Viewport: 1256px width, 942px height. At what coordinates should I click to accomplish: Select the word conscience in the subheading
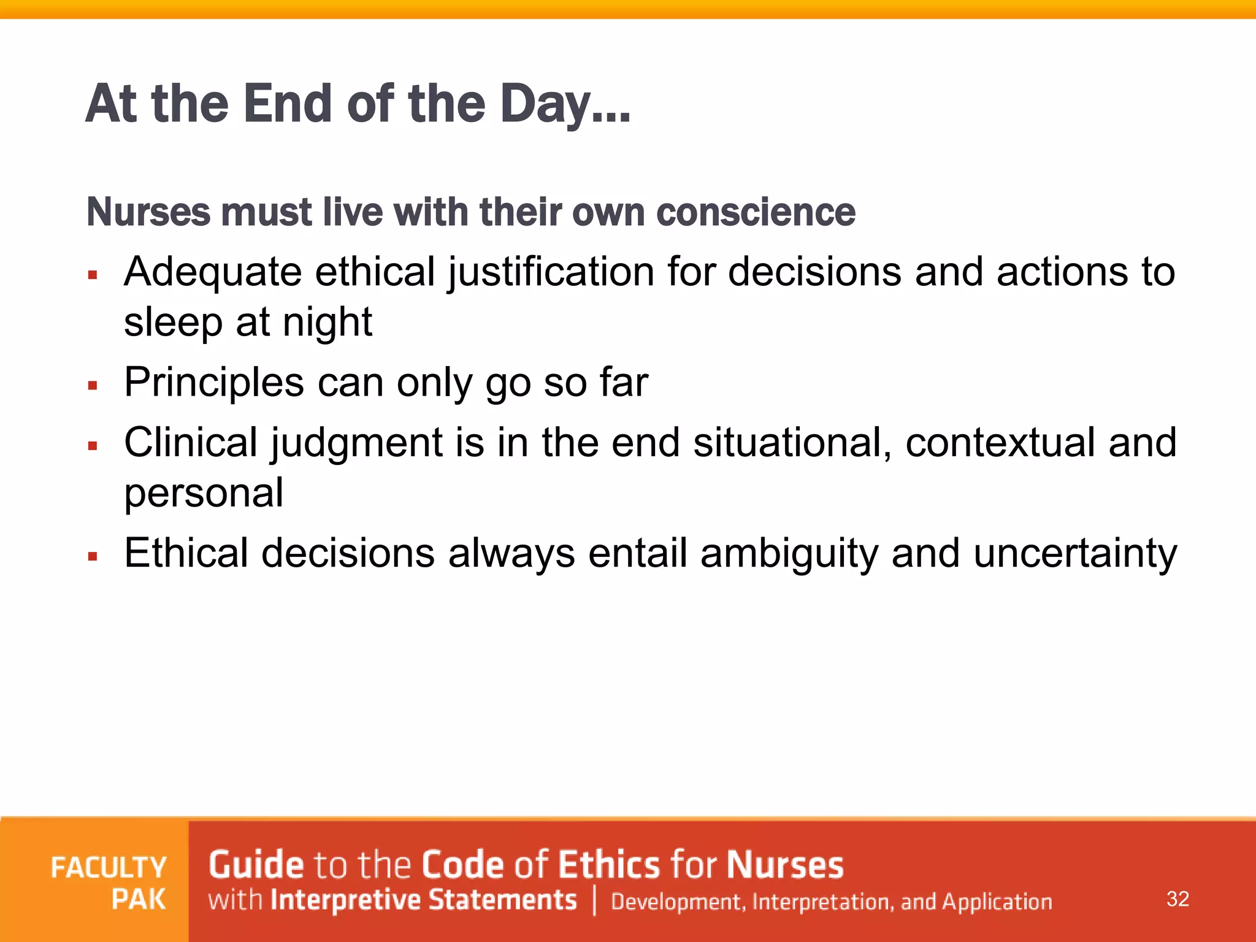756,212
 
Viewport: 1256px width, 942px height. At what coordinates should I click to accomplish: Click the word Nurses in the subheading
149,212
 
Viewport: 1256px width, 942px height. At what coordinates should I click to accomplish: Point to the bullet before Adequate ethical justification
93,275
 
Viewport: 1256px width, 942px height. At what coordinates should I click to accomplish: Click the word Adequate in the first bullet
213,272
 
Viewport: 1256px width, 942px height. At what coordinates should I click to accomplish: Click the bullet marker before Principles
93,386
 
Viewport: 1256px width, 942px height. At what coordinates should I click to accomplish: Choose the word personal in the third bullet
204,494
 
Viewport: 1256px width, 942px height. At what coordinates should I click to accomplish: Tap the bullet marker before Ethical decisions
93,557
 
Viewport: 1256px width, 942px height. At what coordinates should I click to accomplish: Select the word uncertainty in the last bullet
1075,553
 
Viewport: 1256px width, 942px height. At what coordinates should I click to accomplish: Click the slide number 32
1177,899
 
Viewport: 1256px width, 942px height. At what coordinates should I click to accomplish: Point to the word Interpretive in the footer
345,900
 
